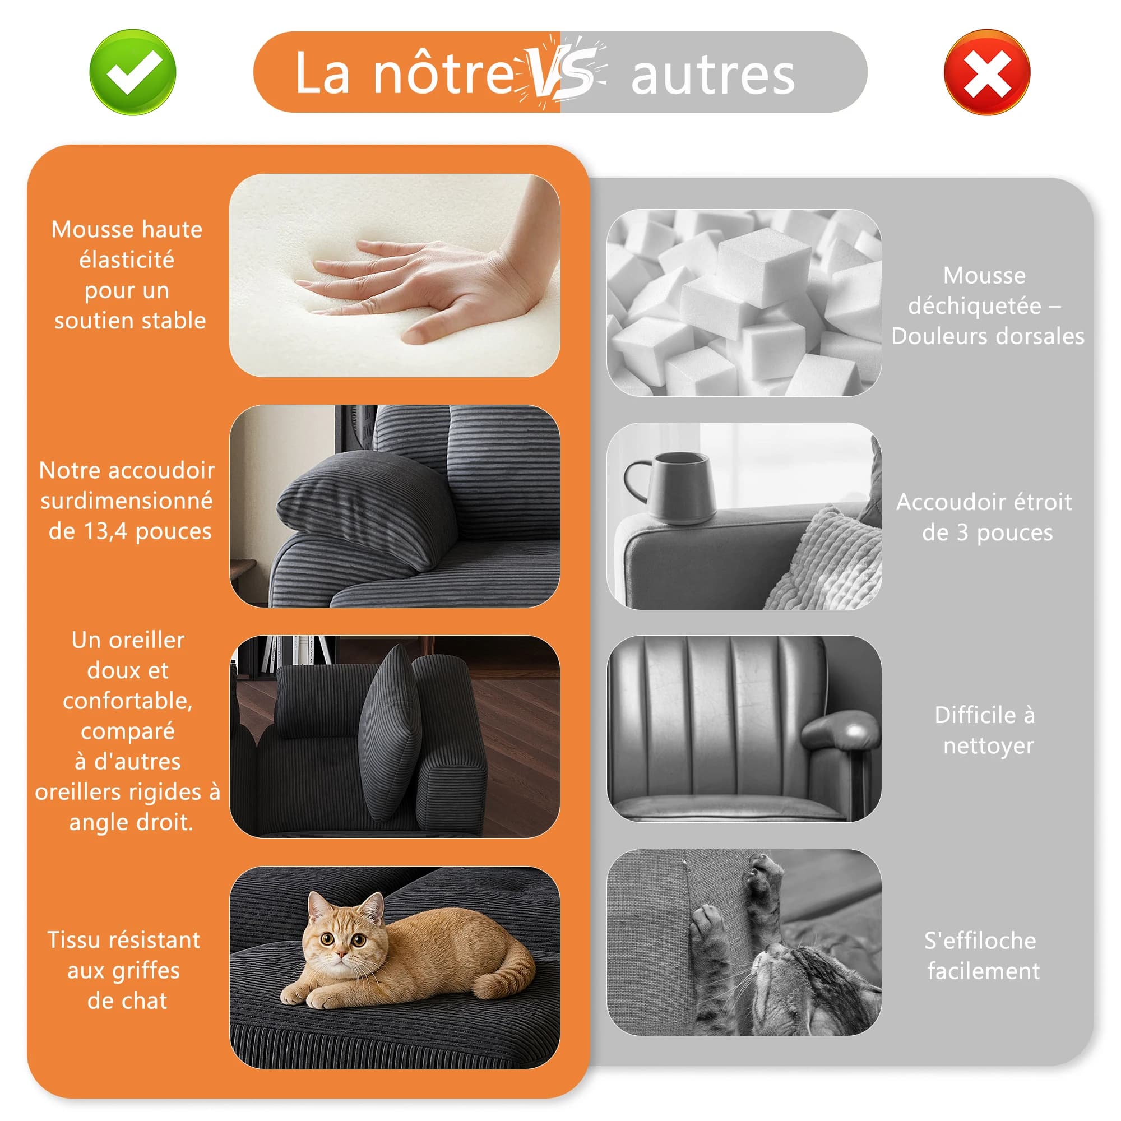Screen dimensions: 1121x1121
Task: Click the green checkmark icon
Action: (133, 72)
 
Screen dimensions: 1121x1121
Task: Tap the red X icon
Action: (987, 72)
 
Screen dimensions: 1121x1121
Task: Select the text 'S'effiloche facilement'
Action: (983, 956)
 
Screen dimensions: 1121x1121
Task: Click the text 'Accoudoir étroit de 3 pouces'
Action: (985, 517)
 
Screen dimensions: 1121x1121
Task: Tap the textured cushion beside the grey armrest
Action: (830, 560)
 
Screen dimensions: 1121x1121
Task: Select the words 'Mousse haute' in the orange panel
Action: (127, 229)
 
